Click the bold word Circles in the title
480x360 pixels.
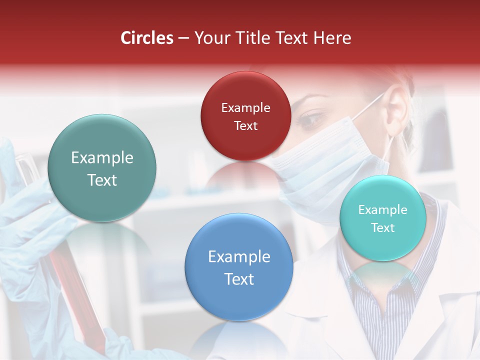pos(147,38)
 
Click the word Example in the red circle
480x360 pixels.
pos(245,108)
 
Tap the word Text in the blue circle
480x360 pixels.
pos(239,279)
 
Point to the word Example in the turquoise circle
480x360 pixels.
pos(382,210)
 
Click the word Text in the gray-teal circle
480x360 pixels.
pos(102,180)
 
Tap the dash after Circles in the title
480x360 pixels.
pos(183,38)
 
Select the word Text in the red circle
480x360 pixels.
pos(245,126)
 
